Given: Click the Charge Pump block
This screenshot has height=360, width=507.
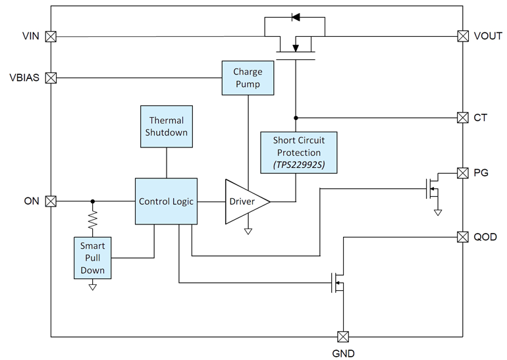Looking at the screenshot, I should (247, 78).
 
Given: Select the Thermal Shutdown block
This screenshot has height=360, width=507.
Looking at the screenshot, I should (167, 126).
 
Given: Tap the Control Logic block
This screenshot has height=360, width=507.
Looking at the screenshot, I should (166, 201).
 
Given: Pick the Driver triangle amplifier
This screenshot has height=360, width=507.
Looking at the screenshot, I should (244, 201).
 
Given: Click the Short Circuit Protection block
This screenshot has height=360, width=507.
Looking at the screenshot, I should (299, 153).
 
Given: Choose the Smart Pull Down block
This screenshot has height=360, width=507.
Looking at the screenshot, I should (92, 258).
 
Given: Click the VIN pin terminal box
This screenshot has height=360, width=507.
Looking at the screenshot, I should (51, 37).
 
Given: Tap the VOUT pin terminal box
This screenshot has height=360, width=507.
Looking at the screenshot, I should (463, 37).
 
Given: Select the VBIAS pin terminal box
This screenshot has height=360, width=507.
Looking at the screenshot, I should (51, 78).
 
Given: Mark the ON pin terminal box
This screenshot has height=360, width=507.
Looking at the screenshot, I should (51, 201).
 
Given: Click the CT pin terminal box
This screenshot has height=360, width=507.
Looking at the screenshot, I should (463, 118).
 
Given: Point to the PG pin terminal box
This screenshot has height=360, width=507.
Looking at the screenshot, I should (463, 172).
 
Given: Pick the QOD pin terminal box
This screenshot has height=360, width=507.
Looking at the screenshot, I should (463, 236).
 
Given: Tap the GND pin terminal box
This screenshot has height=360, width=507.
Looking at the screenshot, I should (342, 337).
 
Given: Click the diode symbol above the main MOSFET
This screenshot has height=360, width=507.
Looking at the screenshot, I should (296, 17).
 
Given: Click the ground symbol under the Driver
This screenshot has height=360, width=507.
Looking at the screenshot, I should (248, 231).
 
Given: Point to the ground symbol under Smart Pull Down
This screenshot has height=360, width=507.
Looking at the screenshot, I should (92, 287).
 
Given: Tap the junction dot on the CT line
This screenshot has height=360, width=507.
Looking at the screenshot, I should (296, 118).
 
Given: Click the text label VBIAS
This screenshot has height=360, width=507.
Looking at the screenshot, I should (24, 78).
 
